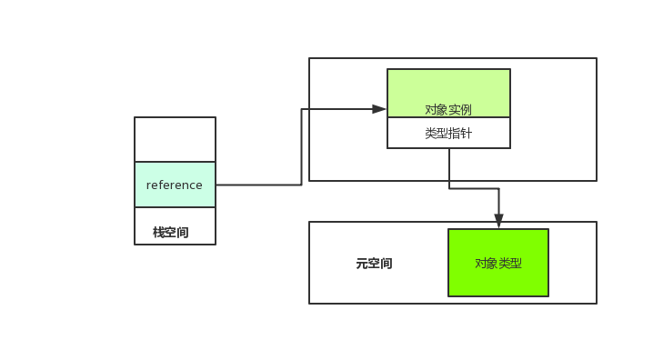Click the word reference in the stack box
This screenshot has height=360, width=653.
coord(175,185)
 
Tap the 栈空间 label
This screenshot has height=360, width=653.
coord(171,232)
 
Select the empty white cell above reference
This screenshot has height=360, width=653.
coord(175,139)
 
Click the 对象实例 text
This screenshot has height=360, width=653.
coord(448,109)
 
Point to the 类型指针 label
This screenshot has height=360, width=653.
coord(448,133)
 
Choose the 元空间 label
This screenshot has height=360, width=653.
coord(374,264)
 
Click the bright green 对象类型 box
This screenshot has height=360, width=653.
coord(498,263)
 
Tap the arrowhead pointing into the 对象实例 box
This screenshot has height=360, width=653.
coord(380,109)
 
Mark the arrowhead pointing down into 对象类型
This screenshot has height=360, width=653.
coord(498,221)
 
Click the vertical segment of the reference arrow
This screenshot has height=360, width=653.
coord(302,147)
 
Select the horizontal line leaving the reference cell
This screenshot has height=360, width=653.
coord(258,185)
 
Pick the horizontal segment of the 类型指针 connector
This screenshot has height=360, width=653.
coord(474,188)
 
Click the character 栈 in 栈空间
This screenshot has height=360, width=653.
coord(158,232)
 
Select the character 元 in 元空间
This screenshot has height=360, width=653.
coord(361,264)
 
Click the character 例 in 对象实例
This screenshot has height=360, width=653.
coord(466,109)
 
